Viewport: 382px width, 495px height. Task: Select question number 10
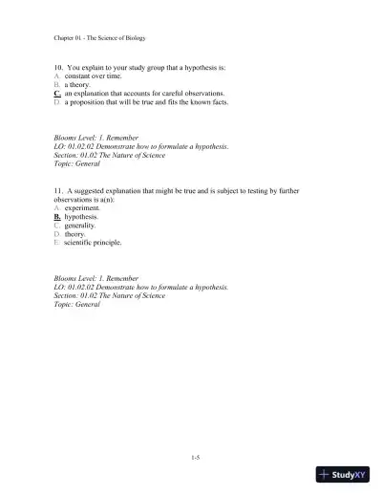(x=58, y=69)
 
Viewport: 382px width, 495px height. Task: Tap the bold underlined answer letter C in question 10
(x=58, y=95)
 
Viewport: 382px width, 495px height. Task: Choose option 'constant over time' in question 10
(x=92, y=77)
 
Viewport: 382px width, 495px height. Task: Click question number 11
(x=58, y=191)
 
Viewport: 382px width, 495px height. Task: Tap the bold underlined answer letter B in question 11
(x=57, y=217)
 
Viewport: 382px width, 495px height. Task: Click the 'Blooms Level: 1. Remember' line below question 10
(x=98, y=138)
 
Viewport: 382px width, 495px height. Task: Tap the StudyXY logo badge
(x=347, y=475)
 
